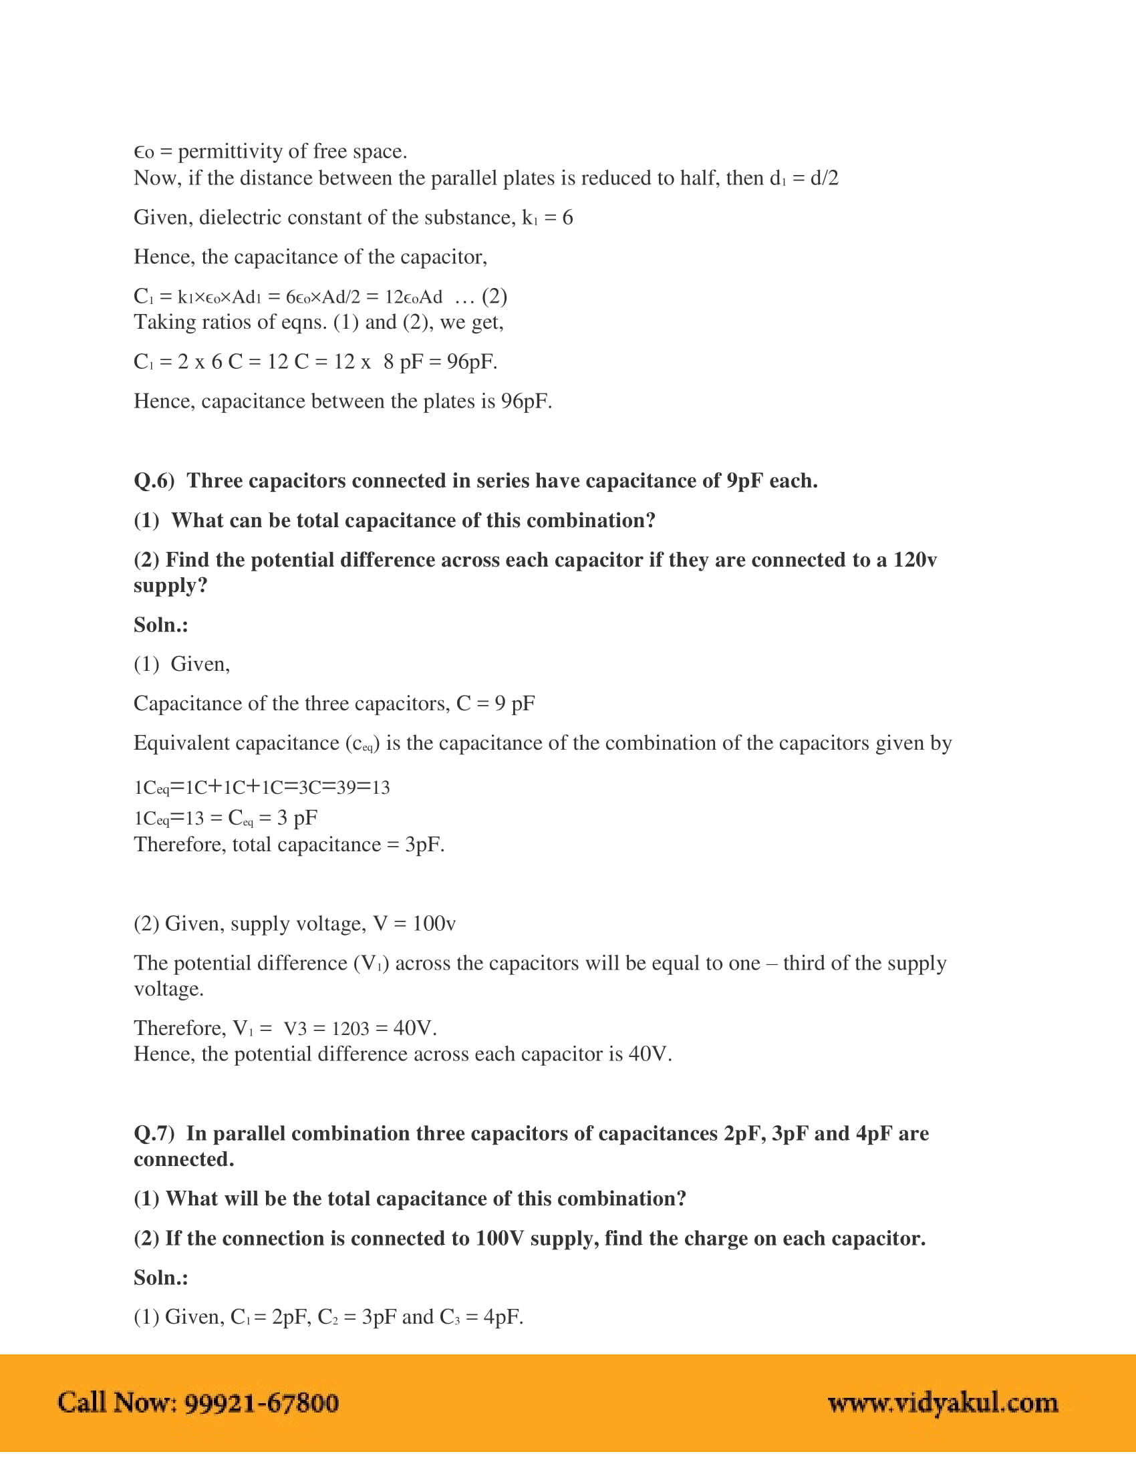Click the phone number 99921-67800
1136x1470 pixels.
(261, 1403)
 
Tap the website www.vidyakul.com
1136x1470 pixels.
(943, 1403)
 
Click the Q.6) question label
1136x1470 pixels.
(154, 481)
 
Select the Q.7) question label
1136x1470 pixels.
(154, 1134)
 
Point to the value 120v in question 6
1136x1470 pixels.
(915, 560)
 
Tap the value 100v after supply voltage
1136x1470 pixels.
(434, 923)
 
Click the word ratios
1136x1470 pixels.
(235, 323)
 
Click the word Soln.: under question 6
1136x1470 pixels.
(161, 625)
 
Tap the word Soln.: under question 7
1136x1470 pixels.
(161, 1278)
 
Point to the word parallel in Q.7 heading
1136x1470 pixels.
(249, 1134)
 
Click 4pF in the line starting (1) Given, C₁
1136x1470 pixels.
(502, 1317)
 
